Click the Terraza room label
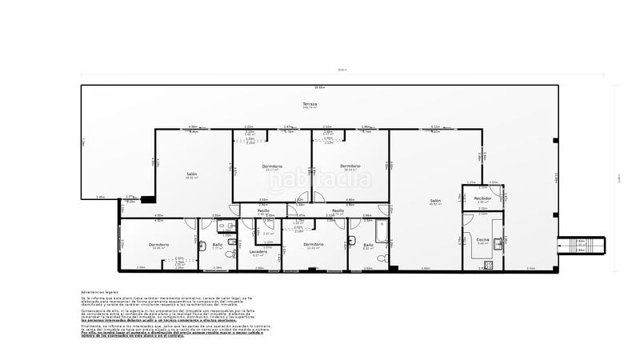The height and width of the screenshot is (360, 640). tap(310, 105)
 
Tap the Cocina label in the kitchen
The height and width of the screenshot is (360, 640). tap(482, 239)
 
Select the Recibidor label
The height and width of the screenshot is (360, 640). tap(482, 198)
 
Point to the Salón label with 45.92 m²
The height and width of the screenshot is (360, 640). tap(434, 201)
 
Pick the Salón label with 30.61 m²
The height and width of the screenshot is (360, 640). tap(192, 174)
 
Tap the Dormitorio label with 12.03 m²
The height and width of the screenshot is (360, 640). tap(313, 244)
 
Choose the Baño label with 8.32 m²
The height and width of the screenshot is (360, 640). tap(368, 245)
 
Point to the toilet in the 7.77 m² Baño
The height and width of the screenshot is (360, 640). tap(231, 254)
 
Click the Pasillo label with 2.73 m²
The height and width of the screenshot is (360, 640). tap(338, 212)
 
